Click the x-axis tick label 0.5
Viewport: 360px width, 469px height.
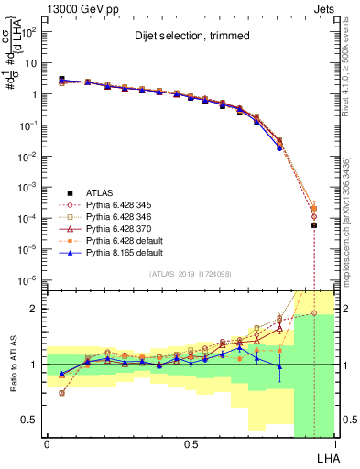[x=190, y=442]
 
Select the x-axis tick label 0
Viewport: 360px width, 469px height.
[x=47, y=442]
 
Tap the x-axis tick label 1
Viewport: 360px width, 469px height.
[x=335, y=442]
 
